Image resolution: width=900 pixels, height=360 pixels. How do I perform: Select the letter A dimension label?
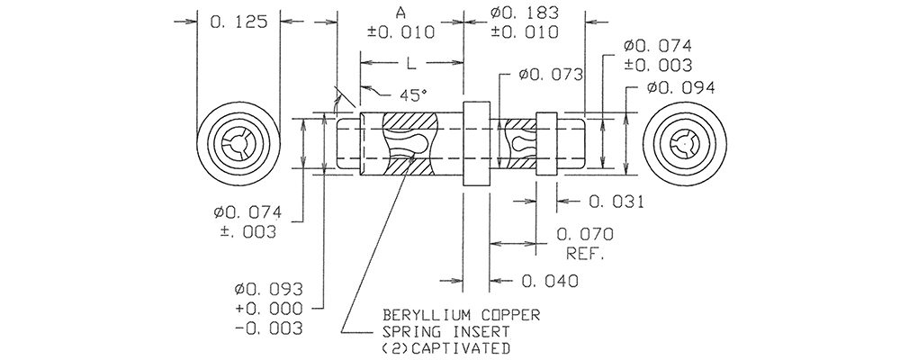[400, 12]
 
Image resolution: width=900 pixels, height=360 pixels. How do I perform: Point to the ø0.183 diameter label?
[525, 12]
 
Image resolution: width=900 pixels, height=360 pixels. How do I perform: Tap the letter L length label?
[411, 64]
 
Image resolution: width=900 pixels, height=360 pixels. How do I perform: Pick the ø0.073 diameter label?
[551, 75]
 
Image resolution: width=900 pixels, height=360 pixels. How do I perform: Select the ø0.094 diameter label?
[680, 88]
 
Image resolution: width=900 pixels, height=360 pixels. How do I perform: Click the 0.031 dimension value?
[616, 202]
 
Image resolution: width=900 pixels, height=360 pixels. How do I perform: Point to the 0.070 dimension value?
[586, 234]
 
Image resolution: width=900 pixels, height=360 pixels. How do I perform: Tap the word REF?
[586, 253]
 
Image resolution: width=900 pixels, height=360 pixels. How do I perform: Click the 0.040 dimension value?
[550, 281]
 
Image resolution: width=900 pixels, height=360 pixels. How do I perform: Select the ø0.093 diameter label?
[268, 289]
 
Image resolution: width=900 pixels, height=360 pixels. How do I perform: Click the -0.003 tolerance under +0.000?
[268, 328]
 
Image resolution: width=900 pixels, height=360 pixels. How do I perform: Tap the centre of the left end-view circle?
[238, 144]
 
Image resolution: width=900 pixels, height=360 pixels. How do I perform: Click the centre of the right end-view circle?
[685, 144]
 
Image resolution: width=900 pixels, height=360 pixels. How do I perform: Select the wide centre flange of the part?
[476, 144]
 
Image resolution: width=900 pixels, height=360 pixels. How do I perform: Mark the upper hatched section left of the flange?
[409, 121]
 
